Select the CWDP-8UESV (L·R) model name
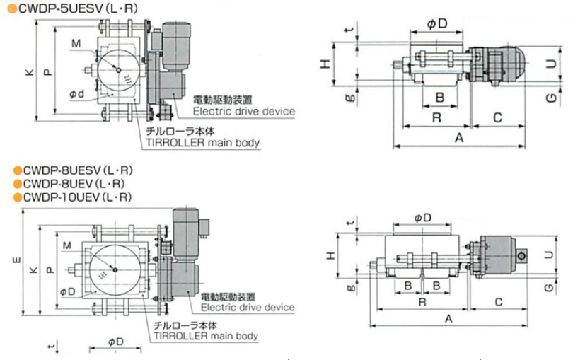coord(78,170)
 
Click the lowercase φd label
coord(77,94)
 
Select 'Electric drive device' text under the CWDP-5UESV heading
coord(243,112)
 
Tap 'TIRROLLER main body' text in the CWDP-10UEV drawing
coord(206,336)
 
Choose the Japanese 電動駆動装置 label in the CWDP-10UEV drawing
coord(226,296)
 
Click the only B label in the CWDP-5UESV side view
coord(439,96)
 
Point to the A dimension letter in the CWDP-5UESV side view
coord(458,138)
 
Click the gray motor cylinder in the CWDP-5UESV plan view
coord(177,42)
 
